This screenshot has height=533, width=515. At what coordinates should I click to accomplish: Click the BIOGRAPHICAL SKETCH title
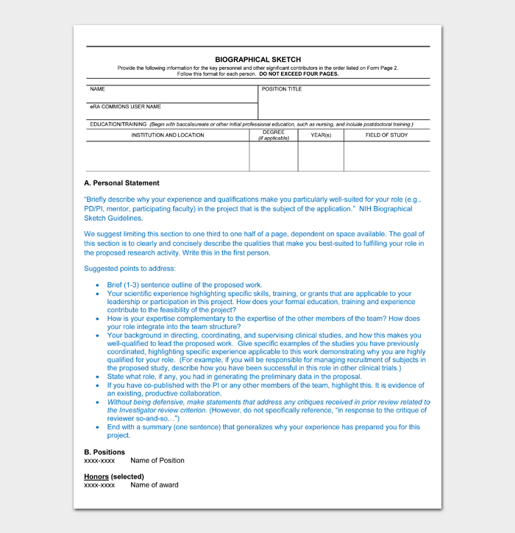257,60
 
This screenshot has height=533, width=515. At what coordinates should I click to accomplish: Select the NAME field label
97,89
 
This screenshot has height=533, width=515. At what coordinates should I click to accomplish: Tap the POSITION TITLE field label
282,89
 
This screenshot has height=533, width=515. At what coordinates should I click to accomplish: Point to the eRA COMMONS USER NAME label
125,107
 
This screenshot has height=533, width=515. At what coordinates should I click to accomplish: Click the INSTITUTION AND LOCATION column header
168,135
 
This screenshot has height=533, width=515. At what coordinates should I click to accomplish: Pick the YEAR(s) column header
321,135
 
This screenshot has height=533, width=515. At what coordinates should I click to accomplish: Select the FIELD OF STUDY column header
386,135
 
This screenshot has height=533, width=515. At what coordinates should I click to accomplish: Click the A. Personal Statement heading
121,183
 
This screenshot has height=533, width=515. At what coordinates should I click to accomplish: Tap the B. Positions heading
104,452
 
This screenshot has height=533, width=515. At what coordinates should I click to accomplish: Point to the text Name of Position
157,461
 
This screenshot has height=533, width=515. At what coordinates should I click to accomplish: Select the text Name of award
154,485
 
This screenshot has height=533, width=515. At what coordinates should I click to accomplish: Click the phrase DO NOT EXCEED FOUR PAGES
299,74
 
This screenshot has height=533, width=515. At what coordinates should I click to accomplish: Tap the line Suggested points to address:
129,269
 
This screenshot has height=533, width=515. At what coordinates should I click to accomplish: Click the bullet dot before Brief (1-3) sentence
99,285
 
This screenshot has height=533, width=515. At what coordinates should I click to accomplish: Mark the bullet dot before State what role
99,376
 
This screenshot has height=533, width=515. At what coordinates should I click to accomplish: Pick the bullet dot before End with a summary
99,427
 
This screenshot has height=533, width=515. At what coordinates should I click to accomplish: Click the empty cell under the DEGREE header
274,156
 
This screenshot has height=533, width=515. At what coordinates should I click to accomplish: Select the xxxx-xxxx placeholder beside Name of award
99,485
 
